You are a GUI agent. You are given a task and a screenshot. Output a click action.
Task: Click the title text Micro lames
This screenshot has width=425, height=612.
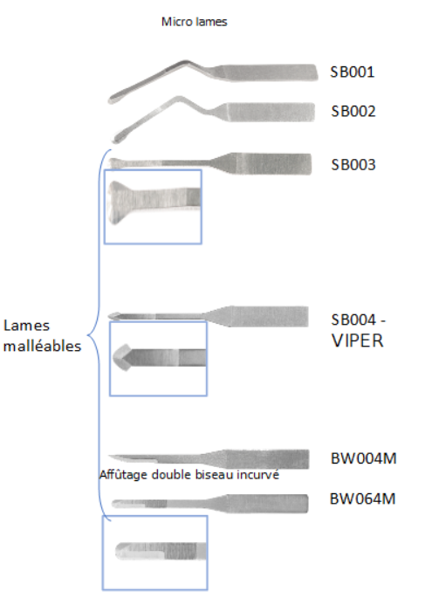coord(195,22)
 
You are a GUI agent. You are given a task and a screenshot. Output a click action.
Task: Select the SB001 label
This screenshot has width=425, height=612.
coord(353,72)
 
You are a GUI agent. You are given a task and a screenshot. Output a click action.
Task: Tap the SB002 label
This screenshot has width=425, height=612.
coord(353,111)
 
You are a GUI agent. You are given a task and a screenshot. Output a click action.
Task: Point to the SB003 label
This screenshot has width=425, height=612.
coord(353,165)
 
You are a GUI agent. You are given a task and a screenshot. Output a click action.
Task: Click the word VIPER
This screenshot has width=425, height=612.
coord(358,340)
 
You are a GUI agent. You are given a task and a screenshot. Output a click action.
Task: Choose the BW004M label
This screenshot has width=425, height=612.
coord(363,458)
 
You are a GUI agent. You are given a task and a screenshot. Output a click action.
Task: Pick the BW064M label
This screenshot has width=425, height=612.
coord(362,499)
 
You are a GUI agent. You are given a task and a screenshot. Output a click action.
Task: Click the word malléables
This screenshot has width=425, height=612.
coord(42,346)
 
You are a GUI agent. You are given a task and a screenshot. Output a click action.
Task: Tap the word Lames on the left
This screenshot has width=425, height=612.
coord(26,325)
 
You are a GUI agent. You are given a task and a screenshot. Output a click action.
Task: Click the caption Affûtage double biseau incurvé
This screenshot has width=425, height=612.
coord(189,475)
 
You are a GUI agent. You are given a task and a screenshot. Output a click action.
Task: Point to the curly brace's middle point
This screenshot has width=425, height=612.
coord(88,335)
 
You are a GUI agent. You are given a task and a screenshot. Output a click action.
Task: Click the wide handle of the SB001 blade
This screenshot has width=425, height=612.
coord(270,72)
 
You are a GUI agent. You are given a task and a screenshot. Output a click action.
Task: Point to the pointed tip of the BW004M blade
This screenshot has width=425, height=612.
coord(110,456)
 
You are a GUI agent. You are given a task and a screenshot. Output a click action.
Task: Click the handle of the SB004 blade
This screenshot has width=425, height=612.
coord(270,317)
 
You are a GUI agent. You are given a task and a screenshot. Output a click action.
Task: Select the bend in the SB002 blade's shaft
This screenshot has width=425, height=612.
coord(179,99)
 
